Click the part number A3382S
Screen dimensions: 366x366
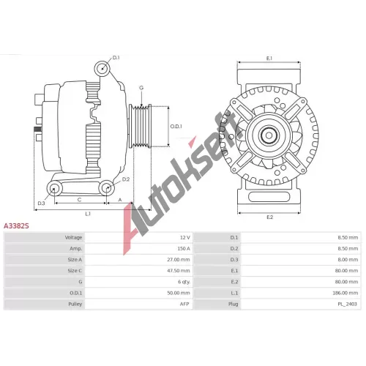16,226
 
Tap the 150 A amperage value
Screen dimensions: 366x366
184,248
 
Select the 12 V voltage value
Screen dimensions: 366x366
185,237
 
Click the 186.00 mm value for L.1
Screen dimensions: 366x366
346,293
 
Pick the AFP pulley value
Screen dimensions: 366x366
184,304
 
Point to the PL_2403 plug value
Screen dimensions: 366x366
347,304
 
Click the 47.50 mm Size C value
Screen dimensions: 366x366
179,271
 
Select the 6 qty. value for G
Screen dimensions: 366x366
184,282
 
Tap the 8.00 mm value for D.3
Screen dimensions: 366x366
348,260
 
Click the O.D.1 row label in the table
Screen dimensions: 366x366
76,293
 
